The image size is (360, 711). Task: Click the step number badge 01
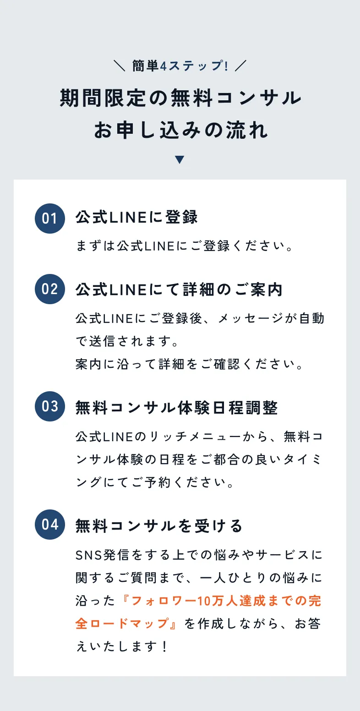pos(50,219)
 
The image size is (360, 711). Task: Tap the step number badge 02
pos(50,289)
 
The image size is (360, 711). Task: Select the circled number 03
pos(50,406)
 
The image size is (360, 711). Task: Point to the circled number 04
pos(50,525)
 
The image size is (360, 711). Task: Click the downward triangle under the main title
pos(180,159)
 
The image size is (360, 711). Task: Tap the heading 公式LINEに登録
pos(136,218)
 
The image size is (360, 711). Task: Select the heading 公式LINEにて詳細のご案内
pos(179,290)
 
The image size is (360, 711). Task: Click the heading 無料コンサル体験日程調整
pos(176,408)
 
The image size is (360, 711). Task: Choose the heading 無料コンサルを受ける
pos(159,525)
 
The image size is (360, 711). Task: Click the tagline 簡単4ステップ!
pos(180,66)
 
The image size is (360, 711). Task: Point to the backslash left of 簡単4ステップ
pos(120,66)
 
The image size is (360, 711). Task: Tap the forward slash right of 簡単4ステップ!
pos(240,66)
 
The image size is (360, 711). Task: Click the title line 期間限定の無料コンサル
pos(180,98)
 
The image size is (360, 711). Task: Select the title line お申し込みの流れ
pos(180,130)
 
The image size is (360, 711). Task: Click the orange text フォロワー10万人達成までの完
pos(226,601)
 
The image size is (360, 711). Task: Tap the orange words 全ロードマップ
pos(122,623)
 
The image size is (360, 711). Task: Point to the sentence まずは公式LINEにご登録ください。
pos(184,246)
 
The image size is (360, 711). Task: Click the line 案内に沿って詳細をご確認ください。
pos(189,364)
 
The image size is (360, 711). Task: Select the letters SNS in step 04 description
pos(88,555)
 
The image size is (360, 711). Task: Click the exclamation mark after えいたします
pos(164,646)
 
